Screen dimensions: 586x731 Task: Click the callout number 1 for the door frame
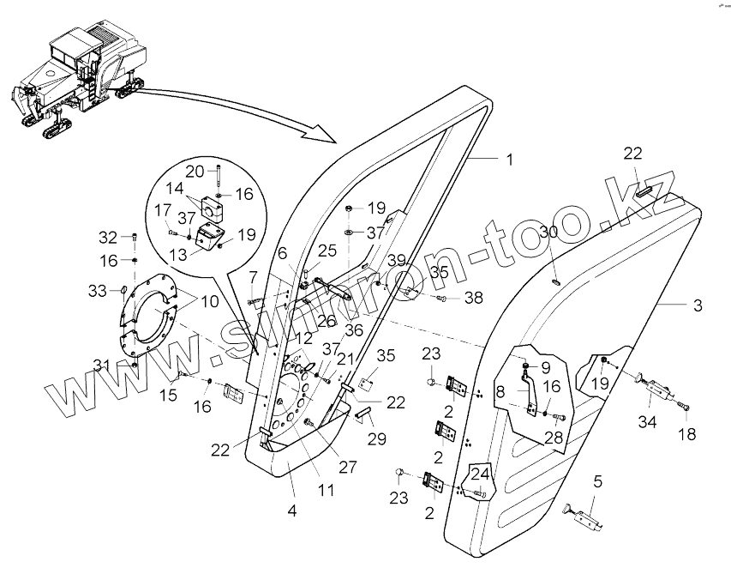point(509,160)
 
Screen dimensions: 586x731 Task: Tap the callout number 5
point(597,481)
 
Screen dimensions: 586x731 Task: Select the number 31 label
point(102,365)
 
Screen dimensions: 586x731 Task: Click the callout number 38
point(473,299)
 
